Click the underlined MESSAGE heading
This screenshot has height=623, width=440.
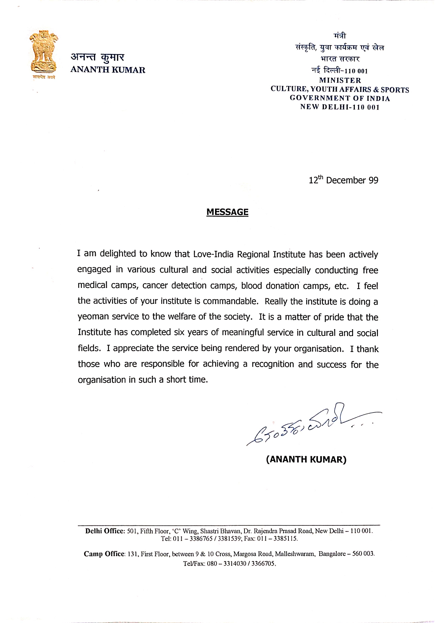227,212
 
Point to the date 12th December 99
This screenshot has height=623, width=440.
343,180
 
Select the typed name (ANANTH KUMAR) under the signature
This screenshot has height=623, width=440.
306,459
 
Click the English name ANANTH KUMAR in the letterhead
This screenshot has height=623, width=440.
108,70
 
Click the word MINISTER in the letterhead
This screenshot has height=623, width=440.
340,81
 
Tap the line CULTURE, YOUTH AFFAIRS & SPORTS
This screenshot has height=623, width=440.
340,89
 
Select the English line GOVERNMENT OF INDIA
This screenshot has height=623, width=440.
340,98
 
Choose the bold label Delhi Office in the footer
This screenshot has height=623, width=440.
105,531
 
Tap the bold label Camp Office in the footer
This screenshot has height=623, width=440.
104,554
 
